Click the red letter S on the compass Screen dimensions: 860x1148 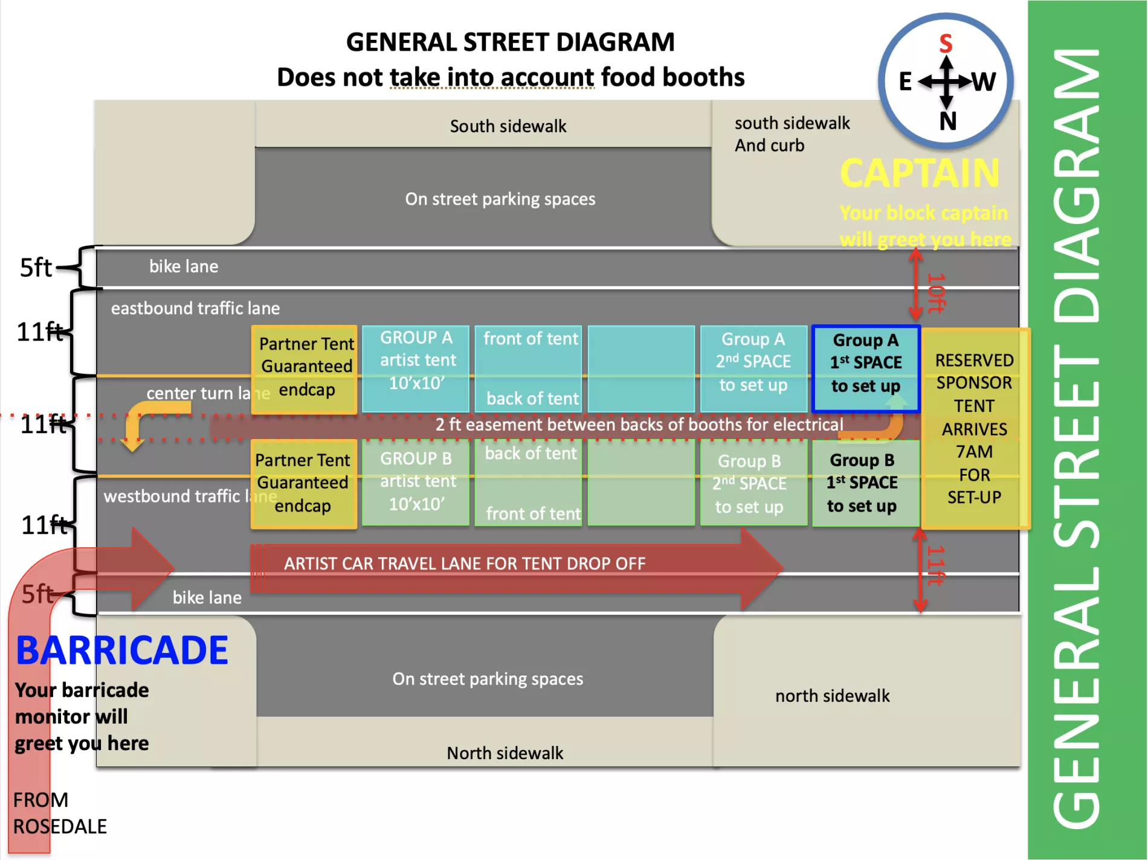point(946,43)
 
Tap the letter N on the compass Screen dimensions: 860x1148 point(947,121)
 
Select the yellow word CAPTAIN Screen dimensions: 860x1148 point(920,173)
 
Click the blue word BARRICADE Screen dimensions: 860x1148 point(122,650)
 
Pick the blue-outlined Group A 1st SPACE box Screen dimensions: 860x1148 point(866,369)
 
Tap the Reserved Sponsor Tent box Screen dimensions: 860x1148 point(974,429)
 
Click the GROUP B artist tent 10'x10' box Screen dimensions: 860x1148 point(416,482)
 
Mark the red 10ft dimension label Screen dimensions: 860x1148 point(936,292)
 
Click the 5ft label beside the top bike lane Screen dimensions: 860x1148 point(36,268)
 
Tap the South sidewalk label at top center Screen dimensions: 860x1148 point(508,126)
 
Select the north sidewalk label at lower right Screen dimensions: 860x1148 point(832,696)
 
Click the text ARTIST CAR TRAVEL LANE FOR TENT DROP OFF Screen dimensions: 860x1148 point(464,563)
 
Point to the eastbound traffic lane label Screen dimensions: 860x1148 point(195,308)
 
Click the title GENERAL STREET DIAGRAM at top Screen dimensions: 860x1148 point(510,42)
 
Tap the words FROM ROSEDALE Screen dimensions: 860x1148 point(59,813)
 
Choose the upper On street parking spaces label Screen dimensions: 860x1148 point(500,199)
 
